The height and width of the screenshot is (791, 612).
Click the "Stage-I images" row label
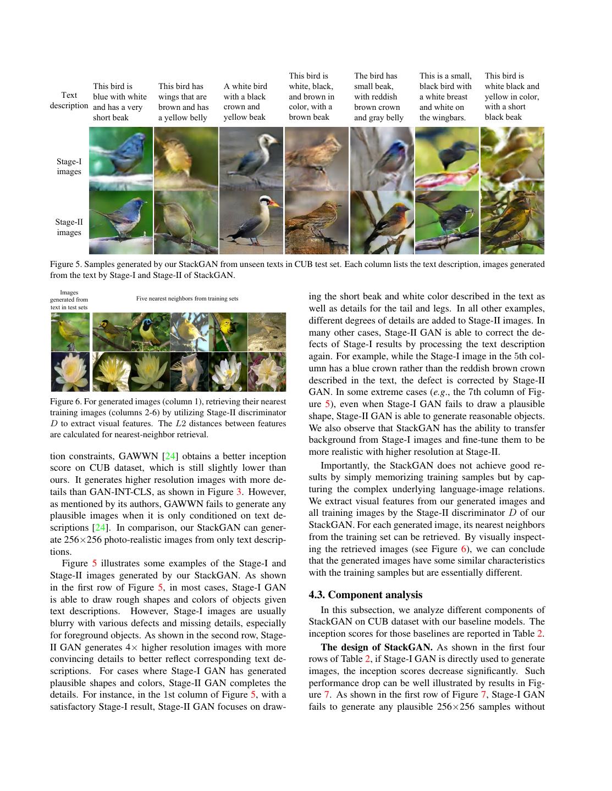tap(69, 166)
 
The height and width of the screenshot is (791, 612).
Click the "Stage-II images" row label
tap(69, 227)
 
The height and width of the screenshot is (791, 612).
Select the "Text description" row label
tap(69, 100)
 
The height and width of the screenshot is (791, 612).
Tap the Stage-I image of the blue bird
tap(121, 159)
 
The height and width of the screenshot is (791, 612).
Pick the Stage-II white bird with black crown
tap(251, 222)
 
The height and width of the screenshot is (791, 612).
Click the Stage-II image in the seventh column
tap(512, 222)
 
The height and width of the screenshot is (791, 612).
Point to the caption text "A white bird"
tap(245, 86)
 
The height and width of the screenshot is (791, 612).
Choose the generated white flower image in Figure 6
tap(70, 372)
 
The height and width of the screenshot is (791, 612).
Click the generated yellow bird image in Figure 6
tap(70, 332)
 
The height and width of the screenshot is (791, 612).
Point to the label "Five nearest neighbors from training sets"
tap(187, 298)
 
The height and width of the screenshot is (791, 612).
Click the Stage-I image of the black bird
tap(447, 159)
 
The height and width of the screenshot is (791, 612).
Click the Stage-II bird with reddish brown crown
tap(382, 222)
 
